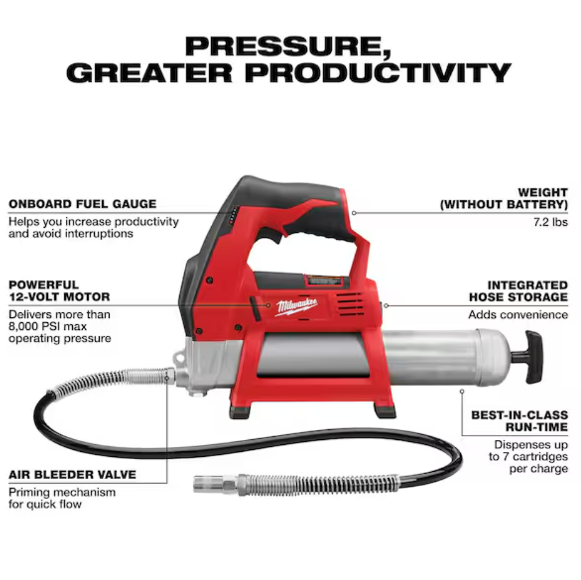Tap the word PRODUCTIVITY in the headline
coord(378,73)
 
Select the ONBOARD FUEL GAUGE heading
coord(82,204)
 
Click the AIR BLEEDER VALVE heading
coord(72,475)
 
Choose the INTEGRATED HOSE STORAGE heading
coord(519,291)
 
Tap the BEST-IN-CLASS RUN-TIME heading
coord(519,421)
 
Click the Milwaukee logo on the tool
coord(298,307)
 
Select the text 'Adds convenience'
coord(518,315)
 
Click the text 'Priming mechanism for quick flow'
coord(62,498)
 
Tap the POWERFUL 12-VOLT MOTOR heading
coord(59,291)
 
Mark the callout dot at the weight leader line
coord(353,212)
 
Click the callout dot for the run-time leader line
coord(461,391)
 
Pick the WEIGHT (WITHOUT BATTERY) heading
coord(504,198)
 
